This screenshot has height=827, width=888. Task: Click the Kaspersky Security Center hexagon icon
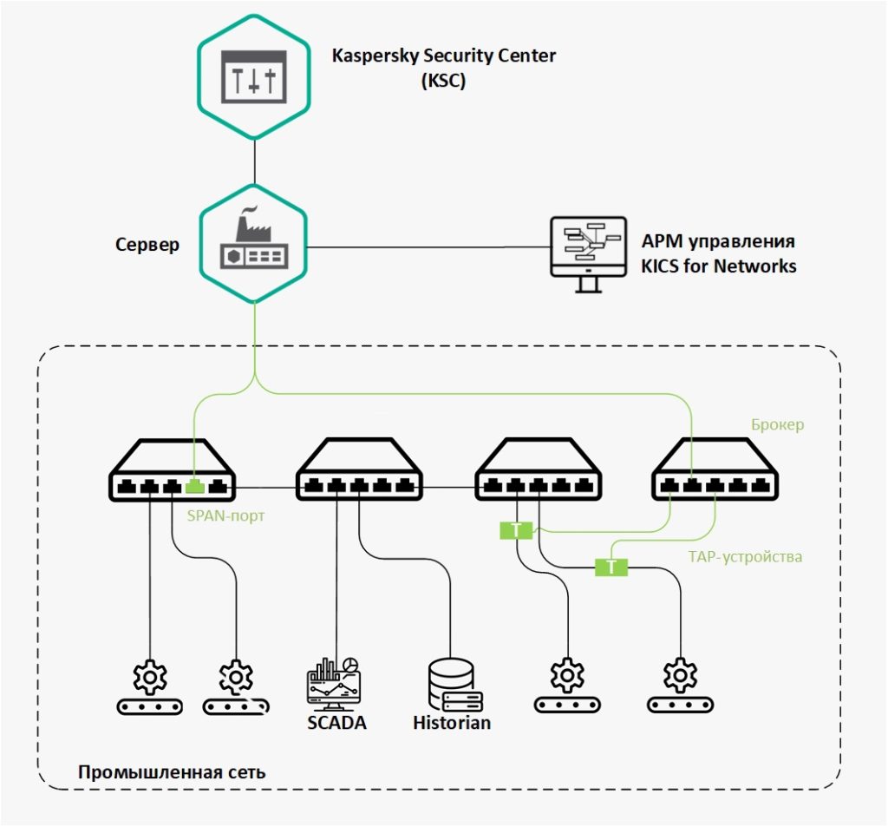click(254, 77)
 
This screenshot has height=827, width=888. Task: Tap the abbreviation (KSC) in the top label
click(443, 81)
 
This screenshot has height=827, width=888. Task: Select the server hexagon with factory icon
click(254, 244)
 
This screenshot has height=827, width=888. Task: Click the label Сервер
click(147, 245)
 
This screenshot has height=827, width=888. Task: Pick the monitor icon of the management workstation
click(589, 254)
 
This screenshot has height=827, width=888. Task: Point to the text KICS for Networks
click(719, 266)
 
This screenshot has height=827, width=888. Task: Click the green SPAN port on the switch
click(194, 486)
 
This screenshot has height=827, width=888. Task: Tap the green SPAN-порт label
click(225, 515)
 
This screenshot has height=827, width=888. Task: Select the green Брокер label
click(778, 424)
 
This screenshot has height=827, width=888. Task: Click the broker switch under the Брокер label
click(715, 469)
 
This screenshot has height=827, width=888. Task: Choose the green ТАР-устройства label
click(745, 556)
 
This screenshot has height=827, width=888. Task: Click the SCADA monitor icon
click(334, 684)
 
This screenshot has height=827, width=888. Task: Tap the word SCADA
click(336, 723)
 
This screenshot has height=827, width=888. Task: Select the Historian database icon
click(454, 685)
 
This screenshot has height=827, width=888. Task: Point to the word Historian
click(451, 723)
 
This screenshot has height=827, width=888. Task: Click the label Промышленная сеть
click(172, 772)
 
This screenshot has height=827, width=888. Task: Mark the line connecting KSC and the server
click(254, 161)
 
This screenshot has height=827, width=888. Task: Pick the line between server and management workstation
click(428, 247)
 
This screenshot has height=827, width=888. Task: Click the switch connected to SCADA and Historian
click(359, 469)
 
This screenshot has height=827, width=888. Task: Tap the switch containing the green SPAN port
click(172, 469)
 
